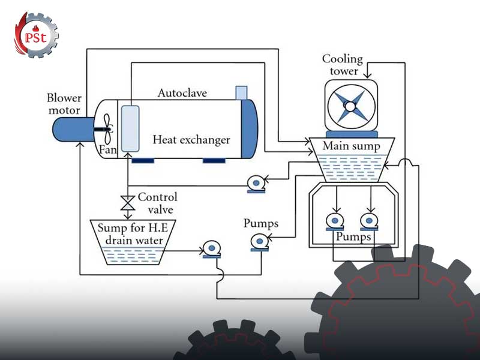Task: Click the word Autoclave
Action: (182, 93)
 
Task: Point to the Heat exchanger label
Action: (191, 140)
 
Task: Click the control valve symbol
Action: (127, 202)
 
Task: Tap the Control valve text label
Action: (157, 203)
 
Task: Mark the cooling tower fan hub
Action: (349, 106)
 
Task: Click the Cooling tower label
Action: (343, 65)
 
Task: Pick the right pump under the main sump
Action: (369, 221)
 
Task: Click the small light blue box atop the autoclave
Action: (241, 92)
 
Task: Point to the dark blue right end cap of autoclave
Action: (248, 128)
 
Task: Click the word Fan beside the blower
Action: (108, 149)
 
